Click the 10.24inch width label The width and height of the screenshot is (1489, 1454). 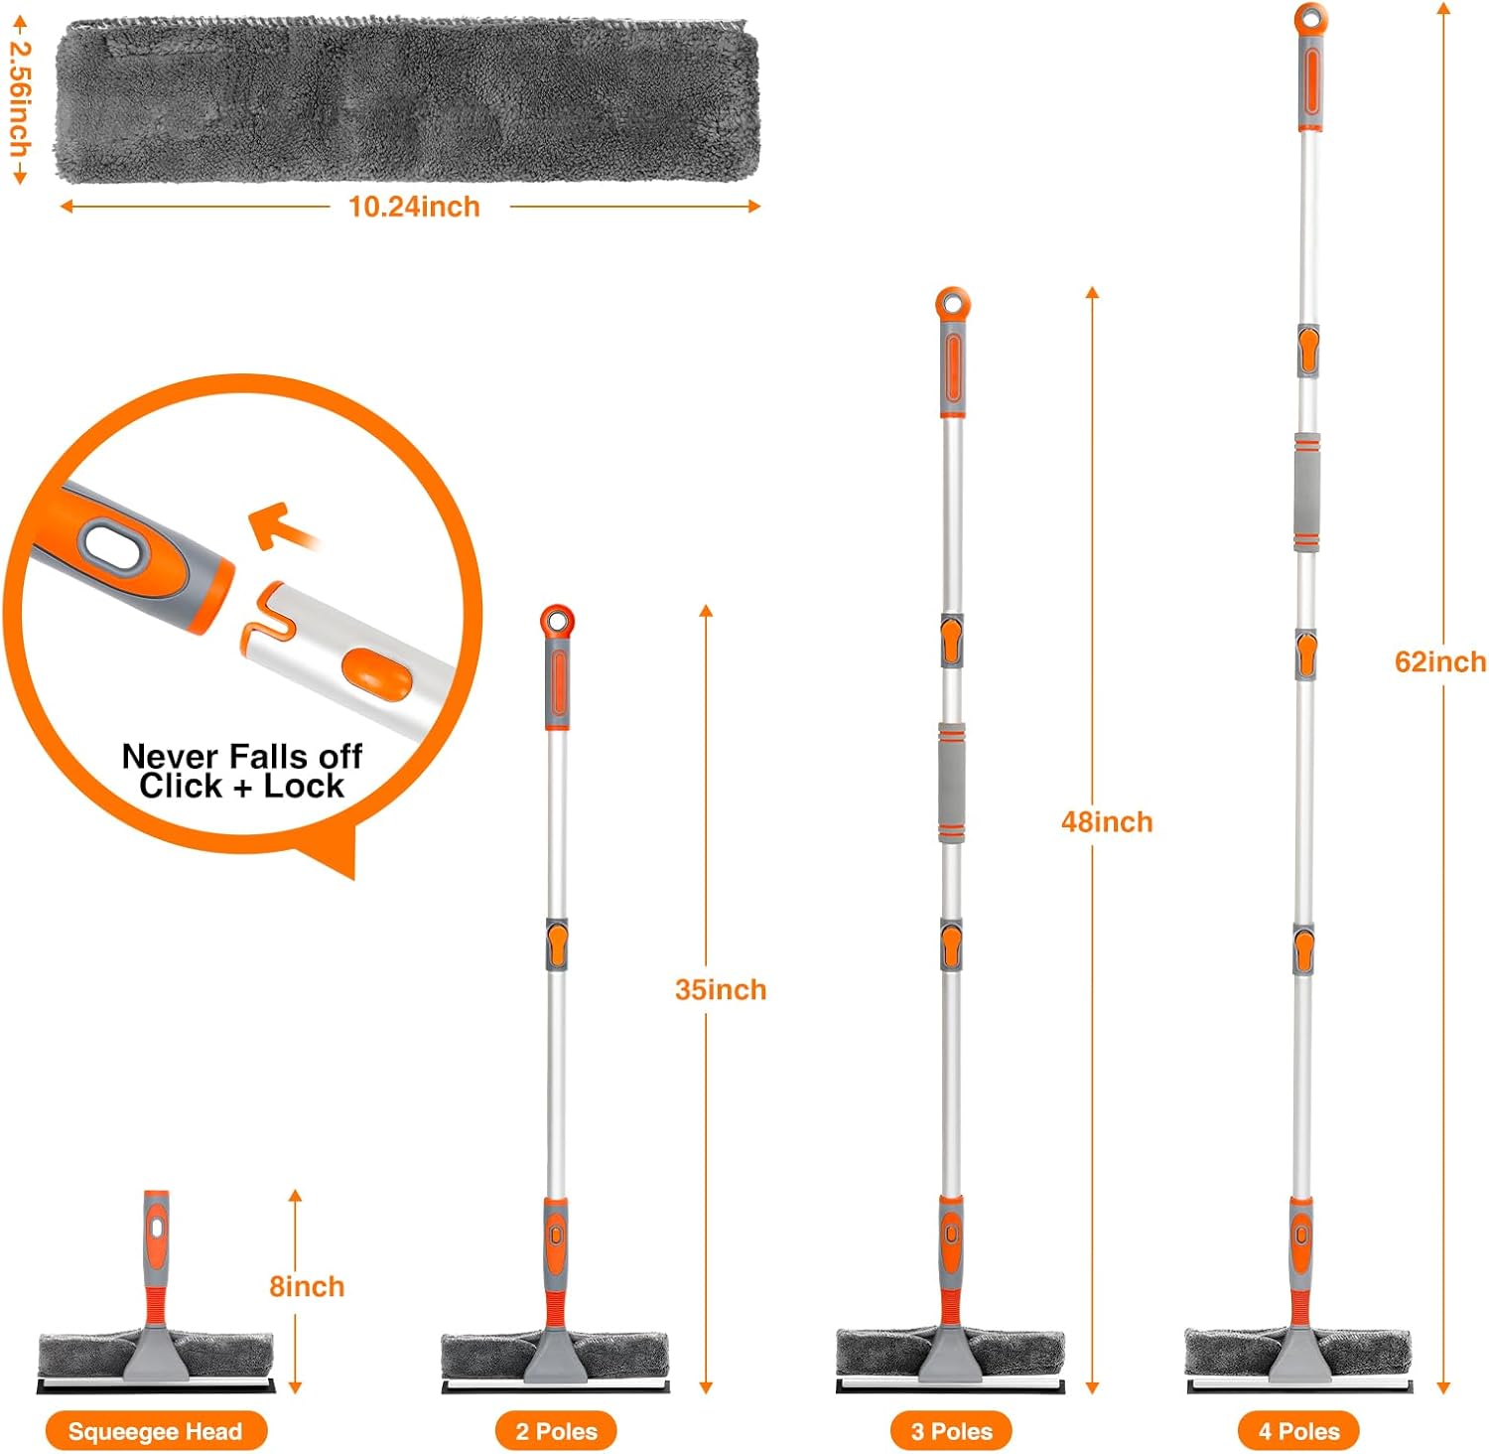pyautogui.click(x=414, y=207)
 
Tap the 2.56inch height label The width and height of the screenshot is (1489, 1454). pyautogui.click(x=20, y=98)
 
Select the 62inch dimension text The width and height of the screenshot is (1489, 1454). pyautogui.click(x=1440, y=661)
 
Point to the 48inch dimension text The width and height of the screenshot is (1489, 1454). pyautogui.click(x=1107, y=821)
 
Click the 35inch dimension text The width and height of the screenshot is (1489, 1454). pyautogui.click(x=721, y=989)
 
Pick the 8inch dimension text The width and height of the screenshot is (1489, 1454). pyautogui.click(x=307, y=1286)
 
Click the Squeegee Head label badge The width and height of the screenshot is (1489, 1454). pyautogui.click(x=156, y=1431)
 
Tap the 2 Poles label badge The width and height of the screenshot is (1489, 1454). pyautogui.click(x=556, y=1431)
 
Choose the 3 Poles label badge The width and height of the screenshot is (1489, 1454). pyautogui.click(x=951, y=1431)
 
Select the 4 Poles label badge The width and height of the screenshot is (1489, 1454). pyautogui.click(x=1298, y=1431)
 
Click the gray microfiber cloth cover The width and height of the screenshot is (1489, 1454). pyautogui.click(x=407, y=99)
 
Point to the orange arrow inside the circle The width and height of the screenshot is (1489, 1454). pyautogui.click(x=283, y=527)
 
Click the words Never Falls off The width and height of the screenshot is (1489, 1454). pyautogui.click(x=242, y=756)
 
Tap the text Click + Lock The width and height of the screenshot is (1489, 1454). pyautogui.click(x=241, y=786)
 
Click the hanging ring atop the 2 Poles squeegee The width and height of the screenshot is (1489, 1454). pyautogui.click(x=558, y=621)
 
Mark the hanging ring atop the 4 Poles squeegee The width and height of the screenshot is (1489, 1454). pyautogui.click(x=1310, y=18)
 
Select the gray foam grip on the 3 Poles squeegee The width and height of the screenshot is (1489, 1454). pyautogui.click(x=951, y=783)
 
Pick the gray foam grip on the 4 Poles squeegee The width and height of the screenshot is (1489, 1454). pyautogui.click(x=1306, y=492)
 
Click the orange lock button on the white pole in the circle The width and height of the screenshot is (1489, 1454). pyautogui.click(x=376, y=672)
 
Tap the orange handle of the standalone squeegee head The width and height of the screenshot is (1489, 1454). pyautogui.click(x=156, y=1255)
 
